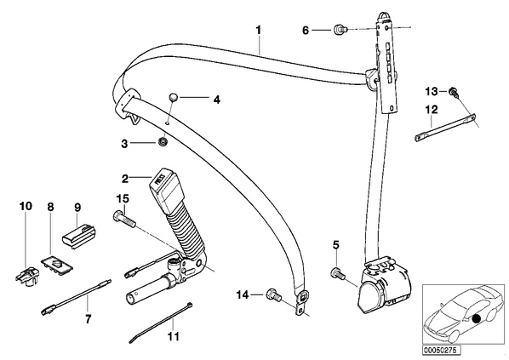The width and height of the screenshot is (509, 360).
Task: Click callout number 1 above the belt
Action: [259, 30]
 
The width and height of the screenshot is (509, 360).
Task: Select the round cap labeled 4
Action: [174, 97]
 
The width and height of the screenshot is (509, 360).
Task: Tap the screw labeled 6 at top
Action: [340, 30]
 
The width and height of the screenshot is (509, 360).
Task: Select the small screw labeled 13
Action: [454, 92]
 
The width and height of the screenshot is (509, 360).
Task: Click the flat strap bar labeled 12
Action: [445, 128]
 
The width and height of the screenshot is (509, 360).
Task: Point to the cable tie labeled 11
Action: [161, 323]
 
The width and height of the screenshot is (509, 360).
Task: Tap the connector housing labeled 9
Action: [79, 233]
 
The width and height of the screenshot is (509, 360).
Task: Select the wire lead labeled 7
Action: [76, 298]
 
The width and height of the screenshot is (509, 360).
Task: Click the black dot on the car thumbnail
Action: [476, 319]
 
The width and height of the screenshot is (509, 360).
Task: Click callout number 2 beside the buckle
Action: [125, 179]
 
